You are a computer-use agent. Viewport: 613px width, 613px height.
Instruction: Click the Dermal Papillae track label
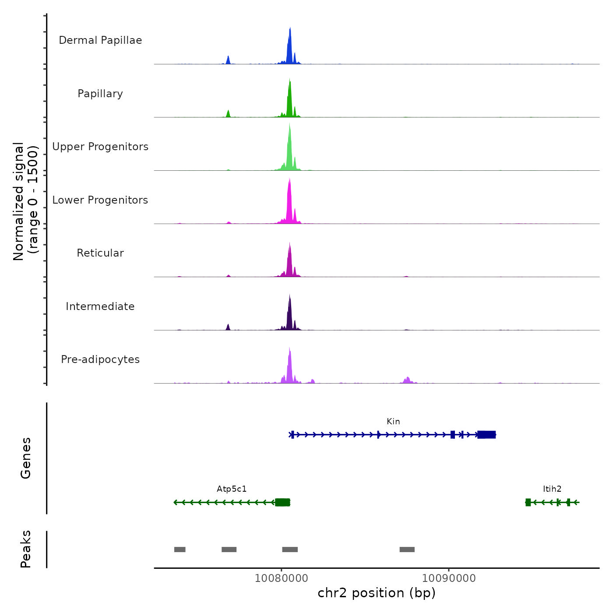(100, 40)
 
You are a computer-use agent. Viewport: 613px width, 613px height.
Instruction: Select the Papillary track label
(100, 94)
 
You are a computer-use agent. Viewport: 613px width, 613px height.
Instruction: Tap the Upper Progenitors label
(100, 147)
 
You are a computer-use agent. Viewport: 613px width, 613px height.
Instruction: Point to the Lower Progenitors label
(100, 200)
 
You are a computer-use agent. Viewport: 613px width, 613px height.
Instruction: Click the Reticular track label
(100, 253)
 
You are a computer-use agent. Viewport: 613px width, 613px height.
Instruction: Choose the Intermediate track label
(100, 306)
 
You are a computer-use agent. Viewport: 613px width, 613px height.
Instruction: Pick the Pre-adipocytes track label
(100, 359)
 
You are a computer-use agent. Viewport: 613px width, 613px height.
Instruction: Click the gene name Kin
(393, 422)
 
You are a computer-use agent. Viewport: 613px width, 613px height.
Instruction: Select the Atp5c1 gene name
(232, 489)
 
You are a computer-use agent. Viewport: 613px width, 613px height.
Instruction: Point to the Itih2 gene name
(552, 489)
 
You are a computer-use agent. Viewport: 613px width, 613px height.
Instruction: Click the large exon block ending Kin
(486, 435)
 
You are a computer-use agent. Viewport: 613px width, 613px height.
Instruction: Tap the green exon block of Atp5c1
(282, 502)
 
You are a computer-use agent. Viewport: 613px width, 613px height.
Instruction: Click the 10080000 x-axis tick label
(281, 578)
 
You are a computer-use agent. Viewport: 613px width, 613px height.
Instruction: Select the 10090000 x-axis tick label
(449, 578)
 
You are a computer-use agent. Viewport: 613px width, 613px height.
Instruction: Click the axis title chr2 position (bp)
(377, 593)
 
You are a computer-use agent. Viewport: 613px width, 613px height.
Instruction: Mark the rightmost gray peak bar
(407, 550)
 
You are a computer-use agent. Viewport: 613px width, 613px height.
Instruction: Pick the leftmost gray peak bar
(180, 550)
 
